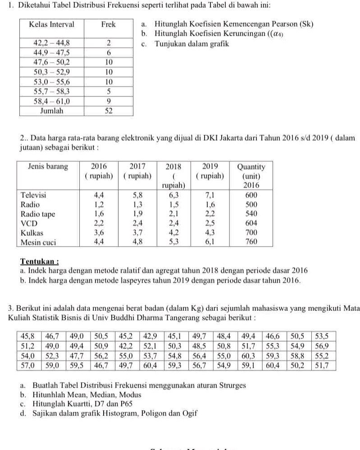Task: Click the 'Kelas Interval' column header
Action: coord(51,24)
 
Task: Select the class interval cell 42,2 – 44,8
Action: coord(52,43)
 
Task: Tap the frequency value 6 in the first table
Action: coord(109,53)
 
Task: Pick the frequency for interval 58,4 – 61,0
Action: coord(109,101)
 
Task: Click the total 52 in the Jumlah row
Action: coord(109,110)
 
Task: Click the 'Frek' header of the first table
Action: coord(109,24)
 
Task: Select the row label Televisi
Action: coord(33,196)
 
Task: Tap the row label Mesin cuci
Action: coord(38,242)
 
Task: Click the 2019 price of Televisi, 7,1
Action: coord(210,196)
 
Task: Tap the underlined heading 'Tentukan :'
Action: coord(40,262)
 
